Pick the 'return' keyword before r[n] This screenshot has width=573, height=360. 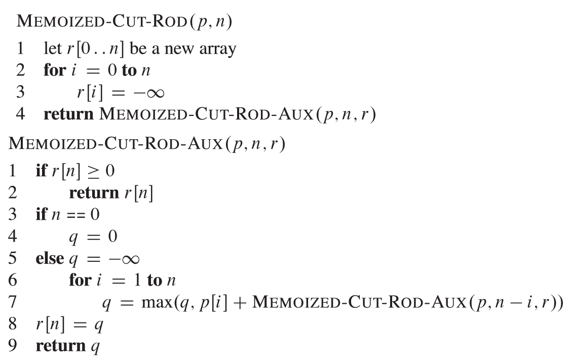(93, 192)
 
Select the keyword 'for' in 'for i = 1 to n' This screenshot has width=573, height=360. (80, 281)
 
